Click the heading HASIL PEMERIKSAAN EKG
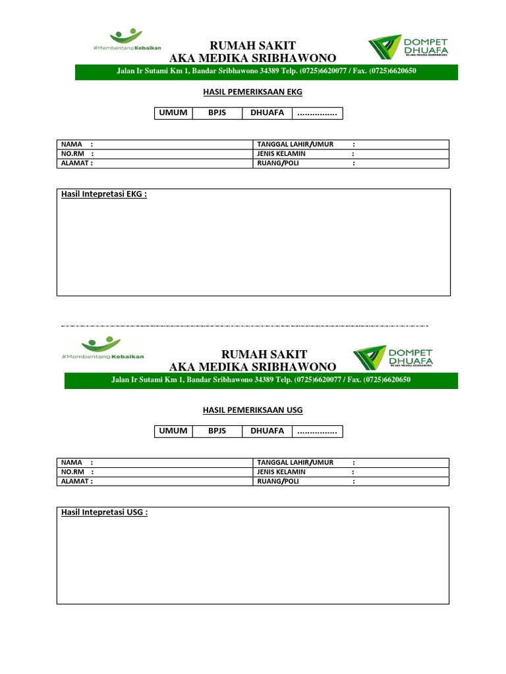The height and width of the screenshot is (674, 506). [252, 92]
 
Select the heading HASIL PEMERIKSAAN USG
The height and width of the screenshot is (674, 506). [252, 410]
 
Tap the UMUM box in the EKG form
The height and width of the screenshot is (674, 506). [172, 113]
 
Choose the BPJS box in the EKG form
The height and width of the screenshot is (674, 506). [217, 113]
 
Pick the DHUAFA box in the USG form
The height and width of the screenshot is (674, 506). [267, 431]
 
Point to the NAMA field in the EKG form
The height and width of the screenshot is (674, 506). [155, 145]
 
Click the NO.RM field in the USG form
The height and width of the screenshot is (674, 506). [155, 472]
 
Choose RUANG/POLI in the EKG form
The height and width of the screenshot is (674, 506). [277, 163]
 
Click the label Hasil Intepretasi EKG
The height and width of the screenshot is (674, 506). [103, 195]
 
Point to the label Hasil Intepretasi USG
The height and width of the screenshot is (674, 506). [104, 513]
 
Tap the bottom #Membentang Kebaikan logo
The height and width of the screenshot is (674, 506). [102, 348]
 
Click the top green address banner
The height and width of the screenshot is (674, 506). [266, 72]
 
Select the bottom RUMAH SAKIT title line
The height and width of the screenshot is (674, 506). [252, 355]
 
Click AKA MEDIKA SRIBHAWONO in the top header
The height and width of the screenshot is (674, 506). [252, 58]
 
